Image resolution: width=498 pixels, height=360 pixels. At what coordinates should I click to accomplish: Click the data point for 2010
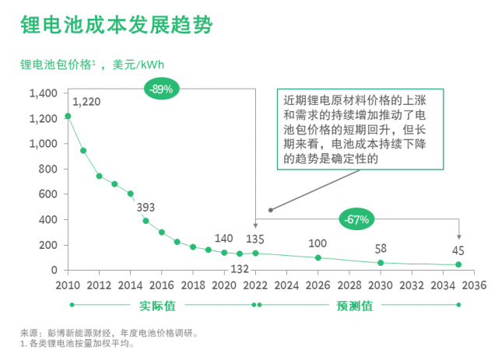[68, 116]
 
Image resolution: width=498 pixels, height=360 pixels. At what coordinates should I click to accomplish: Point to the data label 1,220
[86, 102]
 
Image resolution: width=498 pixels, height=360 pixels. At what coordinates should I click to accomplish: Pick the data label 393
[146, 208]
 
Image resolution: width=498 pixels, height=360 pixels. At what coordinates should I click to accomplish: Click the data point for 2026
[317, 257]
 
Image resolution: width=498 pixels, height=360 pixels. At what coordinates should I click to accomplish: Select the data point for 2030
[381, 263]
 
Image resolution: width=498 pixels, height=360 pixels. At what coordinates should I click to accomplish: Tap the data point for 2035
[458, 264]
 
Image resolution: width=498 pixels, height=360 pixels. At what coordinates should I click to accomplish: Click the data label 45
[458, 250]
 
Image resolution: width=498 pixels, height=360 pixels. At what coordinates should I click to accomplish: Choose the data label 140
[223, 239]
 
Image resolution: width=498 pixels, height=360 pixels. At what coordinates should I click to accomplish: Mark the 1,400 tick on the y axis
[43, 93]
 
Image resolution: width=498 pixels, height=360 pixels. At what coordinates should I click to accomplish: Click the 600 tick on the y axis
[47, 194]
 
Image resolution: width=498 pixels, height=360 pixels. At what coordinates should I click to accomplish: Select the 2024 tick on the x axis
[286, 285]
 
